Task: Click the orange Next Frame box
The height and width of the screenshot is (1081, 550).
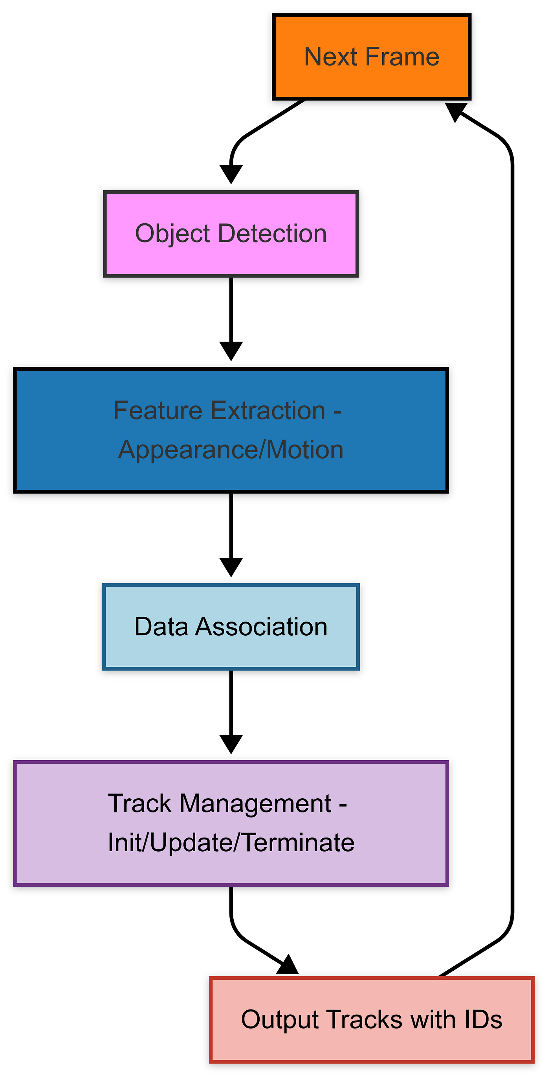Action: click(372, 57)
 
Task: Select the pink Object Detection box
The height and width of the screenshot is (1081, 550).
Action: click(231, 234)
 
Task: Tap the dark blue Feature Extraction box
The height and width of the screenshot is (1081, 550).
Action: click(231, 430)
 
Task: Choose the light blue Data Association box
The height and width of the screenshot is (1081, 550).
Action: click(231, 627)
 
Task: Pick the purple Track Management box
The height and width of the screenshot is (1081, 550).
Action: click(231, 823)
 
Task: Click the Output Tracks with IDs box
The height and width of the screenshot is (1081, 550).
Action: click(372, 1020)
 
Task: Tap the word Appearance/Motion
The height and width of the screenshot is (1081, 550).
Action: click(231, 450)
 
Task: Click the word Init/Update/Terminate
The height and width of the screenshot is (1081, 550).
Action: click(231, 843)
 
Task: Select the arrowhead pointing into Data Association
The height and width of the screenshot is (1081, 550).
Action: click(231, 567)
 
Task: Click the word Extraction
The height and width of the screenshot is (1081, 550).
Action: click(268, 410)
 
